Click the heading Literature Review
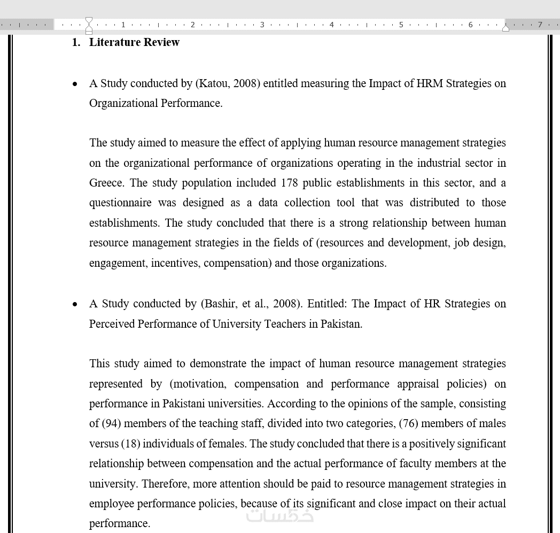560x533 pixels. tap(134, 42)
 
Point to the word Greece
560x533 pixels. tap(106, 183)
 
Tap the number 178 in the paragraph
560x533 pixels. tap(289, 183)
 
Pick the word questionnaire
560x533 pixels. tap(116, 203)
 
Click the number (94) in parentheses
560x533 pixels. tap(111, 423)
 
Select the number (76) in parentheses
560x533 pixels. tap(409, 423)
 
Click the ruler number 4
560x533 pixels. tap(331, 25)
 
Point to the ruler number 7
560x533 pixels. tap(540, 25)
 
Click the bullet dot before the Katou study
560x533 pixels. tap(75, 84)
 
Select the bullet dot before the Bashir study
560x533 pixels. tap(75, 304)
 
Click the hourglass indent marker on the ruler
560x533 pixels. tap(89, 25)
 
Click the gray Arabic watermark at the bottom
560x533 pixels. tap(279, 515)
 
